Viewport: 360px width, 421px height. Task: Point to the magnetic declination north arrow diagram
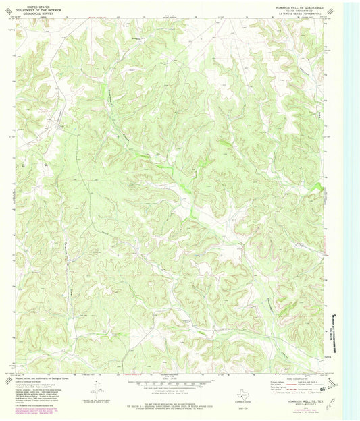95,389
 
